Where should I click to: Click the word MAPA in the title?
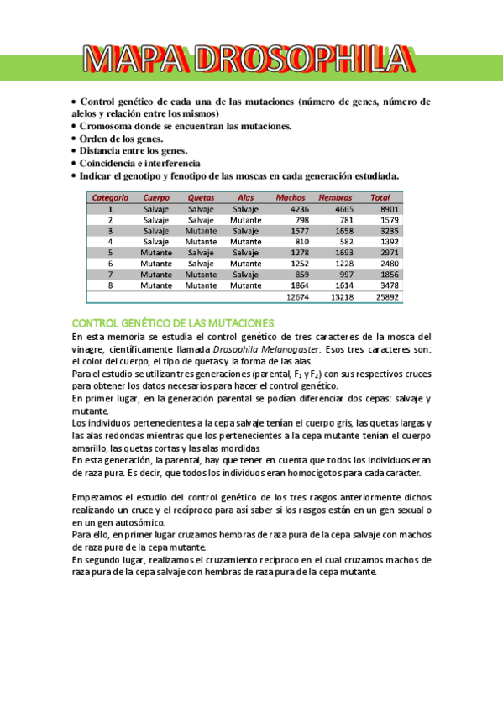[134, 60]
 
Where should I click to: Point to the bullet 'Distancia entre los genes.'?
[134, 151]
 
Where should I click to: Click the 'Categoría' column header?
[110, 198]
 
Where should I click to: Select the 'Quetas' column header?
[201, 198]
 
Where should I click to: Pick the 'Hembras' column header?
[336, 198]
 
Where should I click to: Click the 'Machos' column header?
[291, 198]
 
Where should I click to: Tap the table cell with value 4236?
[299, 209]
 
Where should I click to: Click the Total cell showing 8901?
[388, 209]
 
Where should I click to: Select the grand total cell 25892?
[386, 296]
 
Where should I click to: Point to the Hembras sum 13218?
[342, 296]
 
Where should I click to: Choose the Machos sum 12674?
[297, 296]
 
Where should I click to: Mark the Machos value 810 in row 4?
[301, 242]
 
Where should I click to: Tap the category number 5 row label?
[110, 253]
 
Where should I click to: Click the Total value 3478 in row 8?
[388, 285]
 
